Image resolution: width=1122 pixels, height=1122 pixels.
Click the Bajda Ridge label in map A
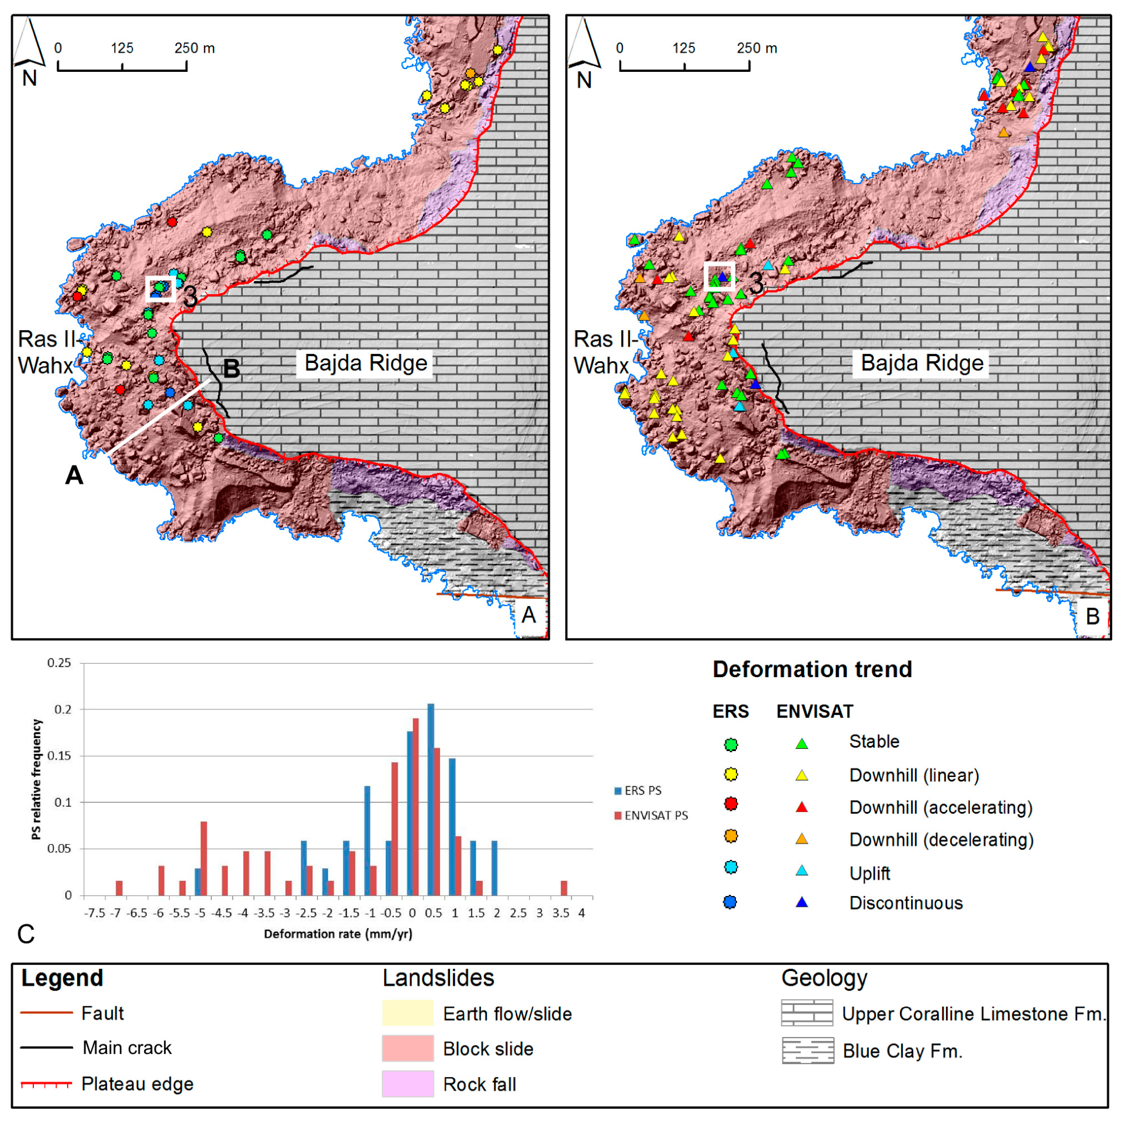365,363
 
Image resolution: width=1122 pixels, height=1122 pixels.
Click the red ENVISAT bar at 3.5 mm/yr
564,888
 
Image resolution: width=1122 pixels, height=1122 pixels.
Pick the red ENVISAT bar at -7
119,888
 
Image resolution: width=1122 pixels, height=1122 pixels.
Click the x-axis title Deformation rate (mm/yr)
338,934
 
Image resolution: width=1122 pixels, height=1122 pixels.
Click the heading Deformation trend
812,670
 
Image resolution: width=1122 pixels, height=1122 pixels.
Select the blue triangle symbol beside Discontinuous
801,902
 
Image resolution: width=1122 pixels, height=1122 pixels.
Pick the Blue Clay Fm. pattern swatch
808,1051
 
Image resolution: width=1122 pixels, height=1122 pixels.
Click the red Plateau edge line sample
46,1084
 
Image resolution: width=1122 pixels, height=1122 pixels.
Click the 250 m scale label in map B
756,48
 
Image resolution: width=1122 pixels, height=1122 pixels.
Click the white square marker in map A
160,289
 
